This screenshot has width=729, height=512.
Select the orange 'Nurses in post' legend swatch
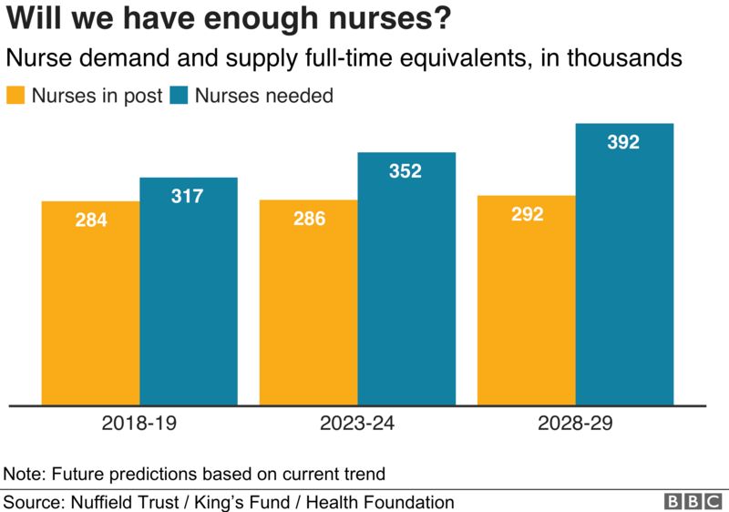click(16, 96)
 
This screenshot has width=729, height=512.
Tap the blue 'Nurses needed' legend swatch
click(179, 96)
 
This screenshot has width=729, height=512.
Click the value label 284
click(91, 220)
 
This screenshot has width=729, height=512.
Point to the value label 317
click(188, 196)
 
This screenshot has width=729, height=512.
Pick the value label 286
click(309, 219)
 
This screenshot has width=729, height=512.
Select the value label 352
click(406, 170)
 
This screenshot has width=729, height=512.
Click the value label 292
click(527, 214)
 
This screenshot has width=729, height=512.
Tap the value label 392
click(623, 142)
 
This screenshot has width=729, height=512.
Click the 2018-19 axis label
click(139, 424)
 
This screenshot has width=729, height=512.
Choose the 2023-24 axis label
click(357, 424)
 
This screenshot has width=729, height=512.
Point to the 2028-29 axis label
click(575, 424)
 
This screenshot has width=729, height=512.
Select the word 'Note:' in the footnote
click(26, 474)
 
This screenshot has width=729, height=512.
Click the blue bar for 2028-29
click(624, 273)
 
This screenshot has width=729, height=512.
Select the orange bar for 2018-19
click(91, 310)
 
